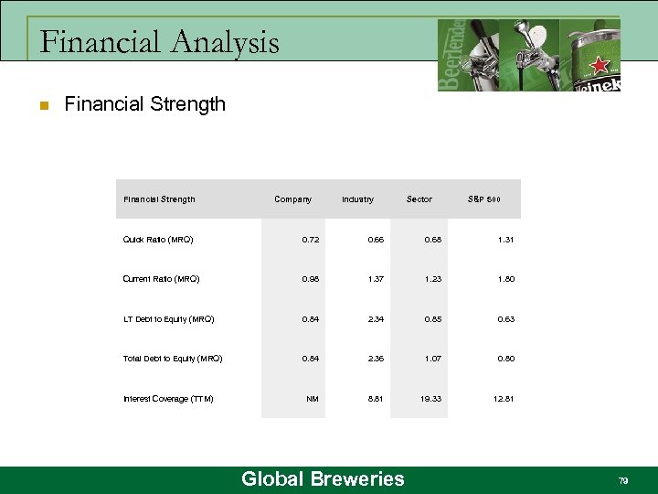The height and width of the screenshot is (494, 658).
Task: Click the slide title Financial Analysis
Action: click(x=160, y=42)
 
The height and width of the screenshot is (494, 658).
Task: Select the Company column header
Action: click(x=292, y=199)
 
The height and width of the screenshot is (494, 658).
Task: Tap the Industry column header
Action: click(x=357, y=199)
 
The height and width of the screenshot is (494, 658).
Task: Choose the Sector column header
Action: click(x=419, y=199)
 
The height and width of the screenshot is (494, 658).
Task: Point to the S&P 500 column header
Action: click(x=483, y=199)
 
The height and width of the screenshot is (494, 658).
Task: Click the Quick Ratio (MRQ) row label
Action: click(x=158, y=240)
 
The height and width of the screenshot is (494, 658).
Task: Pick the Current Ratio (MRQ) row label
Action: click(x=161, y=279)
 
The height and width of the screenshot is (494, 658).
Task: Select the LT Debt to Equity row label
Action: click(x=168, y=319)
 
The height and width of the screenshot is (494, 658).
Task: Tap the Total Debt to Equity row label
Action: click(x=173, y=359)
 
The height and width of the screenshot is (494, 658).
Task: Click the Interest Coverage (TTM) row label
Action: click(x=168, y=399)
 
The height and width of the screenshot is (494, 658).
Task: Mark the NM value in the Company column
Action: click(x=313, y=399)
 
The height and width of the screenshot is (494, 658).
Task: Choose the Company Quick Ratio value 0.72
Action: click(x=312, y=240)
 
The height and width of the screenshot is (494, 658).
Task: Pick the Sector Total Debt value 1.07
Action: click(x=432, y=359)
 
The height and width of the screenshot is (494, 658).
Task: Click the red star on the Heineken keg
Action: click(x=600, y=66)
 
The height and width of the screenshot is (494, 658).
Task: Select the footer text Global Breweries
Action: click(x=322, y=478)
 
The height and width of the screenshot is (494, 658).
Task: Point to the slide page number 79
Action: click(x=623, y=480)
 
